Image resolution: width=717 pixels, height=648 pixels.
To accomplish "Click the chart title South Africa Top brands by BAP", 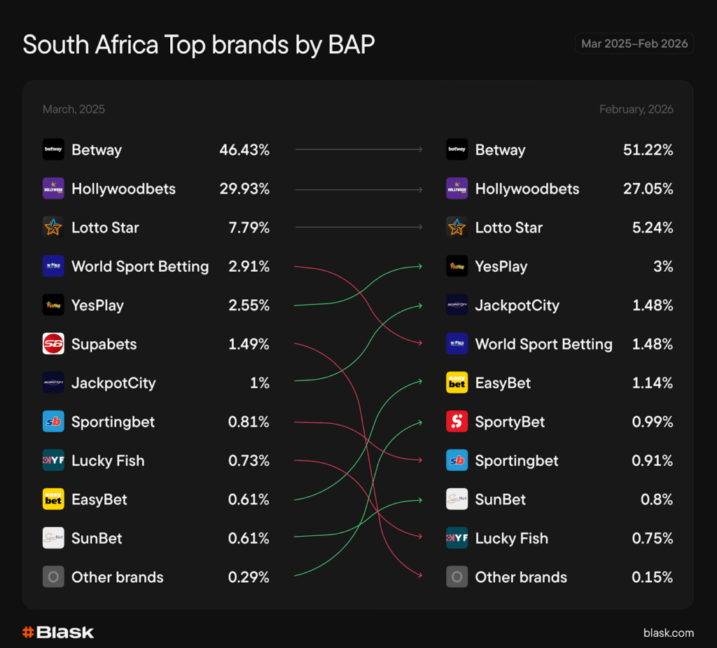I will [x=199, y=45].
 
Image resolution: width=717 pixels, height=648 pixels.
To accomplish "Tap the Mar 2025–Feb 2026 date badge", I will [x=634, y=43].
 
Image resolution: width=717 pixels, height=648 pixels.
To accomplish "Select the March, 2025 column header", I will [x=74, y=109].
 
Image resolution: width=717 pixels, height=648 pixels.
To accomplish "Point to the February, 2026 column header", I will [x=636, y=109].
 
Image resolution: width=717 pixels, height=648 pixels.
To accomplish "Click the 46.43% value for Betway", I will [x=244, y=150].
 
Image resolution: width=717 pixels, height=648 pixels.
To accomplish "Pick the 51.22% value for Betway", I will [x=648, y=150].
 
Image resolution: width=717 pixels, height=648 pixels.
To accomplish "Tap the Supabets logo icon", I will [x=53, y=344].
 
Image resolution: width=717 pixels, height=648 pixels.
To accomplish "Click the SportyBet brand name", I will [x=510, y=422].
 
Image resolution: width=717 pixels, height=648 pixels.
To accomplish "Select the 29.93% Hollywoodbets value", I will [x=244, y=189].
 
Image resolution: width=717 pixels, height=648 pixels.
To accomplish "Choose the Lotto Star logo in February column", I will [x=457, y=228].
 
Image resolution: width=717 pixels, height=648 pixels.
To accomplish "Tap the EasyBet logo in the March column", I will [x=53, y=499].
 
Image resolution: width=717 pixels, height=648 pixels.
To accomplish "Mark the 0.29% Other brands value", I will [x=249, y=577].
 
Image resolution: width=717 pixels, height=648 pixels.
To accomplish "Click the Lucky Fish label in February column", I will [x=511, y=539].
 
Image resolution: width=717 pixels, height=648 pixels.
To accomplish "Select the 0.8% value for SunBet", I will [x=657, y=499].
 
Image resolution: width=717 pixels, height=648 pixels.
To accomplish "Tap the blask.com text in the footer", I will [x=669, y=633].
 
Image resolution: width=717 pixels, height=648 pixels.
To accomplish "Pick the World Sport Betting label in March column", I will [x=140, y=267].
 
